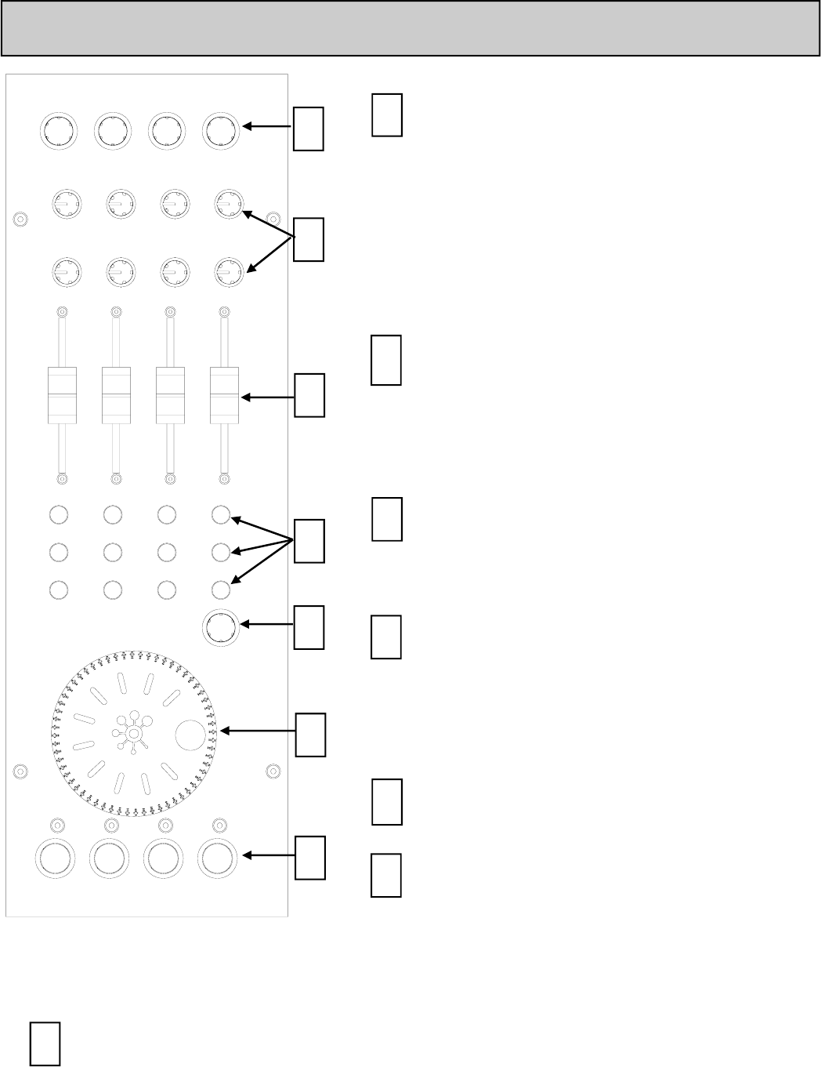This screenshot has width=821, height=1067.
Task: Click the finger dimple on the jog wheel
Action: click(190, 734)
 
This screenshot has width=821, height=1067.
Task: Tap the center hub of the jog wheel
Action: click(134, 733)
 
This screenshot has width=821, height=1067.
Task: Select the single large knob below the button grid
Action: click(222, 628)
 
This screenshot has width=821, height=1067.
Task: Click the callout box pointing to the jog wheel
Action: click(310, 735)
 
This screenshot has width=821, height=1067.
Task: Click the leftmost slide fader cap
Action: click(62, 394)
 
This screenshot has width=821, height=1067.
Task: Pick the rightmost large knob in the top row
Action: click(221, 130)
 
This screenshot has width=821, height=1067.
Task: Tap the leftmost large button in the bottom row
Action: click(56, 859)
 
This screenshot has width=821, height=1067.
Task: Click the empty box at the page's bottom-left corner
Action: click(45, 1043)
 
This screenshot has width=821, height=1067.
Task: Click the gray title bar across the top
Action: click(410, 28)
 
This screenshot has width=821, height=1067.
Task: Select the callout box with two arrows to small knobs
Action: click(309, 238)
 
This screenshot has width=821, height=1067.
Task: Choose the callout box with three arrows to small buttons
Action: click(309, 540)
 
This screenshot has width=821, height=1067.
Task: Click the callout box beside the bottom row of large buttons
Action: click(310, 857)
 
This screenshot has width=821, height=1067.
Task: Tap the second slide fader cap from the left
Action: click(116, 394)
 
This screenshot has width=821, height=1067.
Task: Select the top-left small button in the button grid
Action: click(58, 515)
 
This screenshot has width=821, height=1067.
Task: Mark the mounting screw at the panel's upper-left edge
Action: click(20, 220)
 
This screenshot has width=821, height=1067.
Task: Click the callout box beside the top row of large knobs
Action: click(309, 128)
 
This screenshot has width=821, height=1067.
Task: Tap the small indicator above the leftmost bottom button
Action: click(57, 825)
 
